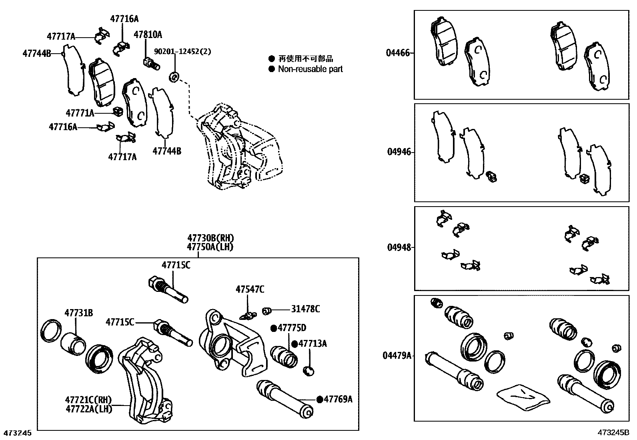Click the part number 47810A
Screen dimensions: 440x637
(148, 35)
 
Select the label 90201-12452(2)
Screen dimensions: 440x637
(182, 52)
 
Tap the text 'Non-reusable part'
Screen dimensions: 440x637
(310, 69)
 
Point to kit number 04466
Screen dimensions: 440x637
(398, 53)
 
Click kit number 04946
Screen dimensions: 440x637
(399, 152)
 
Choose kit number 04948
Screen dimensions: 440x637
(399, 247)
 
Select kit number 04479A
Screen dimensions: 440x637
(397, 355)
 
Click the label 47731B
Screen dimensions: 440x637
(79, 313)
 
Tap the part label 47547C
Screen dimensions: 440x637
(250, 289)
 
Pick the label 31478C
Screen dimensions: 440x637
(305, 309)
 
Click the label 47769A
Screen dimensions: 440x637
(338, 399)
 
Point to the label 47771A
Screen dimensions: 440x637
(80, 113)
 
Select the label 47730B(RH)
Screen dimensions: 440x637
(210, 239)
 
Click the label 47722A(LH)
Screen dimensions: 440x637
(89, 409)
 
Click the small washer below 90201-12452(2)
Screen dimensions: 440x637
(174, 76)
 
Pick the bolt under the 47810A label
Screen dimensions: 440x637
(151, 62)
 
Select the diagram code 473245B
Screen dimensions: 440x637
(613, 433)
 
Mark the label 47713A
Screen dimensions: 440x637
(312, 344)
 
